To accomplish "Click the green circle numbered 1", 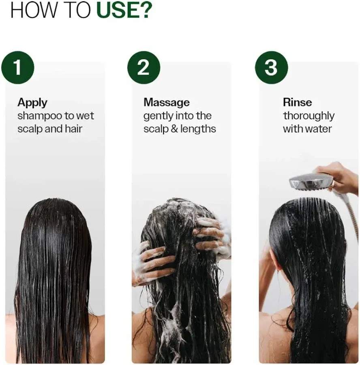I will click(17, 67).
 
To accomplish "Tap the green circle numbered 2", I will click(144, 67).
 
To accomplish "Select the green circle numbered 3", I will click(271, 67).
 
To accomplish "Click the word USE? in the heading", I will click(123, 11).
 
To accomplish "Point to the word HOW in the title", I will click(30, 11).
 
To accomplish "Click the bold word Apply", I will click(32, 103).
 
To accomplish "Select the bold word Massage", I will click(166, 103).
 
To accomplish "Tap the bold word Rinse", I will click(297, 103).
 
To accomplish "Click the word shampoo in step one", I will click(39, 116).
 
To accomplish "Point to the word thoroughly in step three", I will click(309, 116).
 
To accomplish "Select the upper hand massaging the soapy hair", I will click(210, 233).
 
